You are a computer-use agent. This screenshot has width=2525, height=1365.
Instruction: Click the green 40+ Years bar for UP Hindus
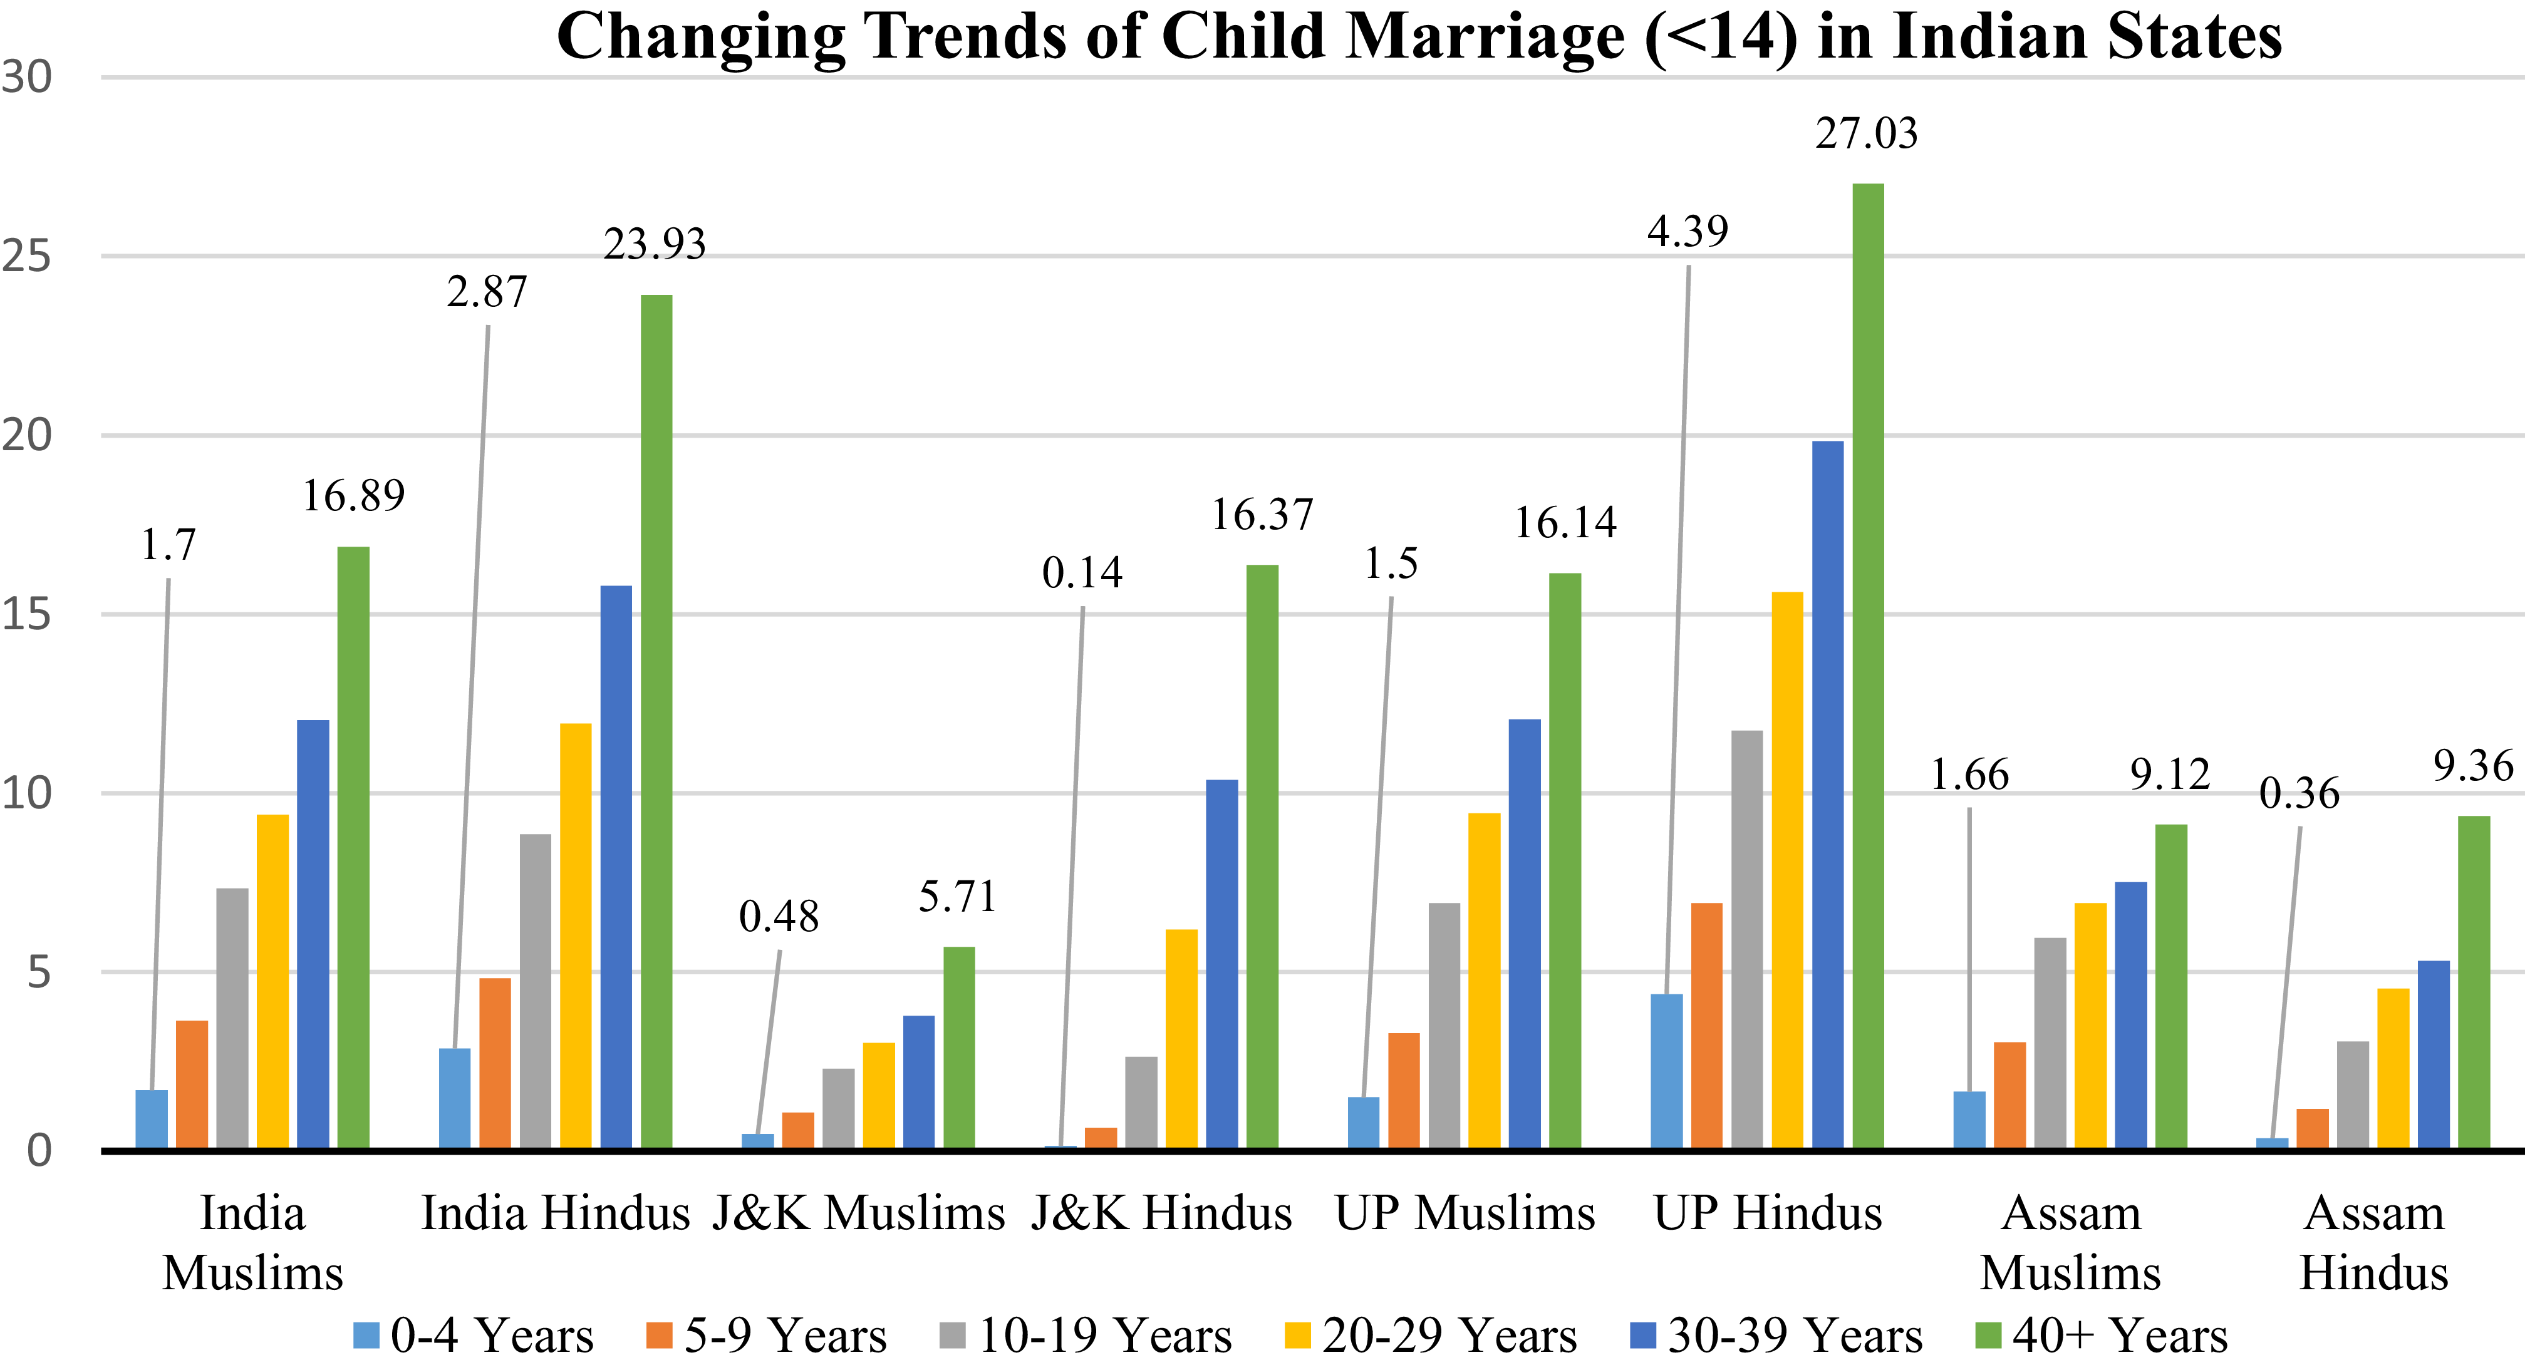[x=1867, y=666]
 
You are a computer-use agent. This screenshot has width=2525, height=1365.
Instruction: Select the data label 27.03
[x=1865, y=133]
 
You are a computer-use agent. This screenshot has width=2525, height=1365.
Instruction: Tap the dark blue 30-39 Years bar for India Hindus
[x=616, y=867]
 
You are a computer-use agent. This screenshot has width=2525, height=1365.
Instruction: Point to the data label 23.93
[x=654, y=244]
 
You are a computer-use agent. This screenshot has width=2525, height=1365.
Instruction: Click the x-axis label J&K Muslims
[x=858, y=1213]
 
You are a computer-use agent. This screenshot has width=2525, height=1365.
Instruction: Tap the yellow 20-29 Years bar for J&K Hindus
[x=1181, y=1039]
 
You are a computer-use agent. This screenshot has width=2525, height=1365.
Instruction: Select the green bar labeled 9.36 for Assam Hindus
[x=2473, y=982]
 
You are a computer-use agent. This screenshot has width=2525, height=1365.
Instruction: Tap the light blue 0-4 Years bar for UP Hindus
[x=1666, y=1071]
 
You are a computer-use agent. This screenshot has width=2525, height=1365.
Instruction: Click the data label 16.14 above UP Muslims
[x=1564, y=523]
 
